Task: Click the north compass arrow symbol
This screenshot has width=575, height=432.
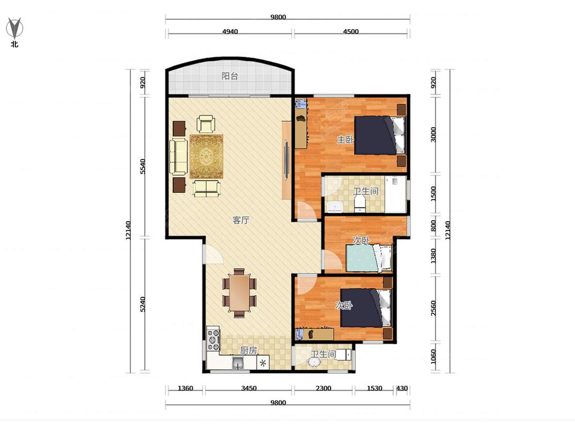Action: point(15,28)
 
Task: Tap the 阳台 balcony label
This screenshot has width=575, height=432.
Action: point(230,76)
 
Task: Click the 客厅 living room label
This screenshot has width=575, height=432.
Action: point(241,220)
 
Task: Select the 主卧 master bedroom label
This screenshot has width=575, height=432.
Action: point(346,140)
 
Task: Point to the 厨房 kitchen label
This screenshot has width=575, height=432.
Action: point(248,351)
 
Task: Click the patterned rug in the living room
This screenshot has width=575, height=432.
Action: point(206,157)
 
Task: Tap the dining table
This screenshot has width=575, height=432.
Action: point(239,292)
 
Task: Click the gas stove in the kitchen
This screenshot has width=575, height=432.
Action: point(214,340)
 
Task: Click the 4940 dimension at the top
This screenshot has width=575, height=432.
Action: point(230,32)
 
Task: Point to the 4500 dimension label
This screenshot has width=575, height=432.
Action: point(351,32)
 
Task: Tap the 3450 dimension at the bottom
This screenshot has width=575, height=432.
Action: point(248,388)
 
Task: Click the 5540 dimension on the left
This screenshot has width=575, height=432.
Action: point(143,166)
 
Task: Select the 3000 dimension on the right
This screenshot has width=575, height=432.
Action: point(433,135)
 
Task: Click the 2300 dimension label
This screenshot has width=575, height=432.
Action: point(324,388)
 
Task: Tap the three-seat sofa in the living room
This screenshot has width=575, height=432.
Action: point(178,157)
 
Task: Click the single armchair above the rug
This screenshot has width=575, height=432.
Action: point(206,124)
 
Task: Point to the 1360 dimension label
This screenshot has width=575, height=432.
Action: point(185,388)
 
